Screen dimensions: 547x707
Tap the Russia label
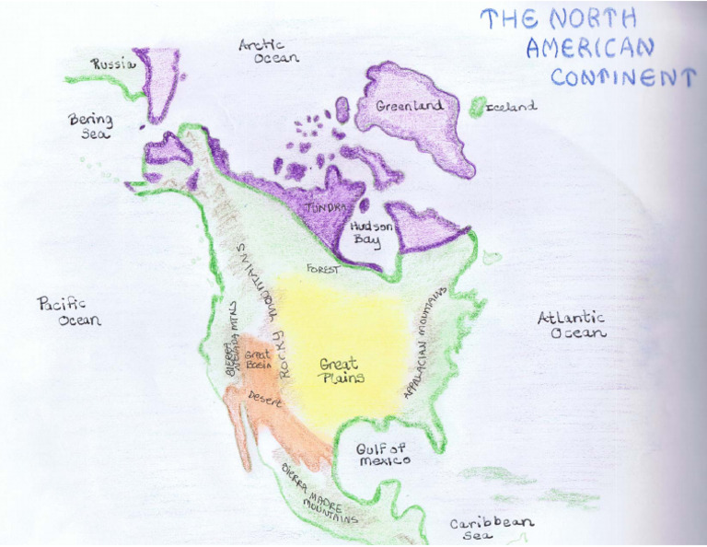113,64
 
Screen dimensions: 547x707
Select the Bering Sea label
90,126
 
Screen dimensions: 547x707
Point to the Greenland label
410,105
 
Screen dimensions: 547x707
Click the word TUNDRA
326,207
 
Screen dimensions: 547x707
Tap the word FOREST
322,270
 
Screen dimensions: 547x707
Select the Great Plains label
342,370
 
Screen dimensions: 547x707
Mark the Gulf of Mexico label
383,453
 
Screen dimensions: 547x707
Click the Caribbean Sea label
491,529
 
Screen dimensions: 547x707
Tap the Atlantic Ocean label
572,324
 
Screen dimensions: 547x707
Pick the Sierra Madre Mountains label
319,493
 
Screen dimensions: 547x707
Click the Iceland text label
511,106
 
